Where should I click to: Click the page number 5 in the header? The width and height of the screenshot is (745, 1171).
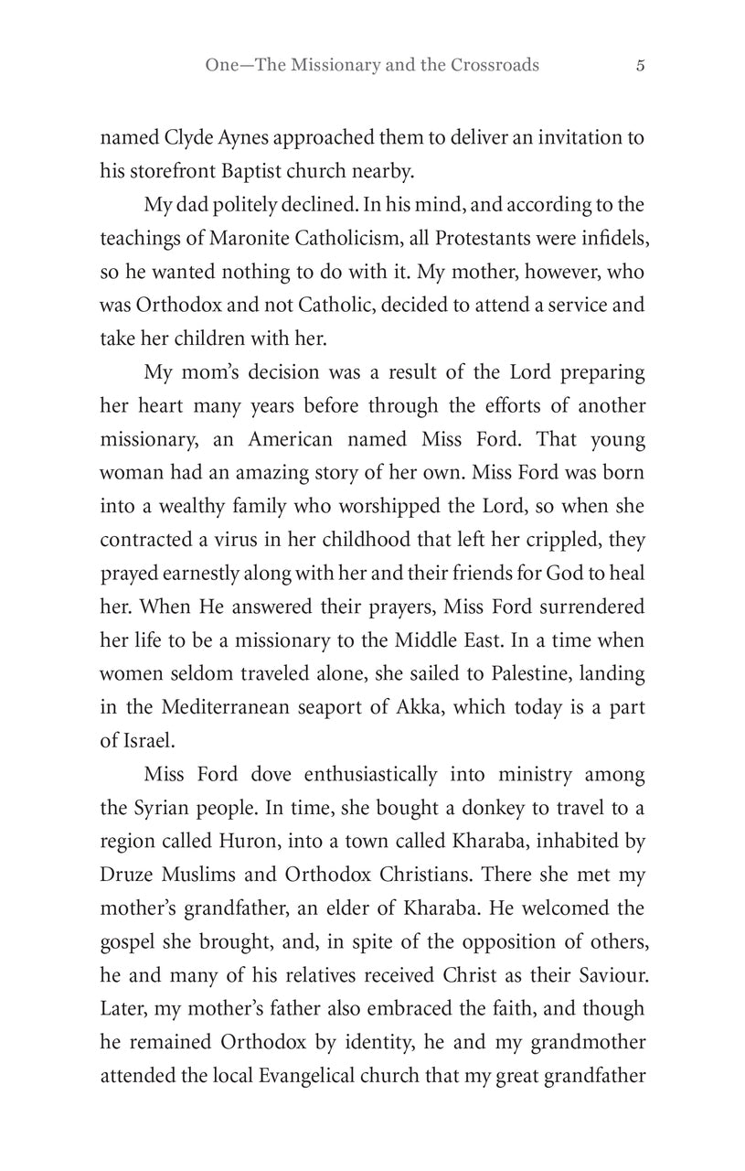[641, 65]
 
